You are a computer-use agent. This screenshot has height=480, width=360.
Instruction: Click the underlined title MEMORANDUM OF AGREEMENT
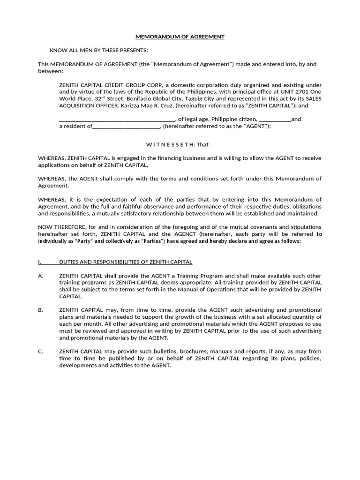pos(180,37)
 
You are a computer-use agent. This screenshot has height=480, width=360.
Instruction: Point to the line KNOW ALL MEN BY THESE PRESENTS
pos(99,50)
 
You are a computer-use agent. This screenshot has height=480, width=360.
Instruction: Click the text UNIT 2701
pos(294,92)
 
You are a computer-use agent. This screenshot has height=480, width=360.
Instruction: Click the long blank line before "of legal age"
pos(117,119)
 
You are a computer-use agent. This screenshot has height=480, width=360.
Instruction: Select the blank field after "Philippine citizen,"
pos(275,119)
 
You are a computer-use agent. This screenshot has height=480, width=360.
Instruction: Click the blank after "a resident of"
pos(127,126)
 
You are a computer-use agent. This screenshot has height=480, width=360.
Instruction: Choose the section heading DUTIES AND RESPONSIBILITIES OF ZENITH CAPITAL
pos(126,262)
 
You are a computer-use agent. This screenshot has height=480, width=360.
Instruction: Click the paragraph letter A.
pos(40,276)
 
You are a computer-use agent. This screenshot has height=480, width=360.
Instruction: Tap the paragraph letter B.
pos(40,310)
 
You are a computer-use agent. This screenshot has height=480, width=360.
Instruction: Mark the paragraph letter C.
pos(40,351)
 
